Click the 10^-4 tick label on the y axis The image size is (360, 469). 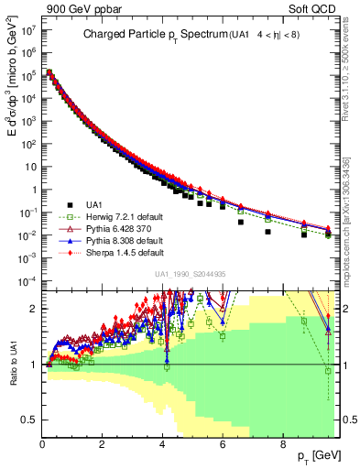click(x=26, y=280)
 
